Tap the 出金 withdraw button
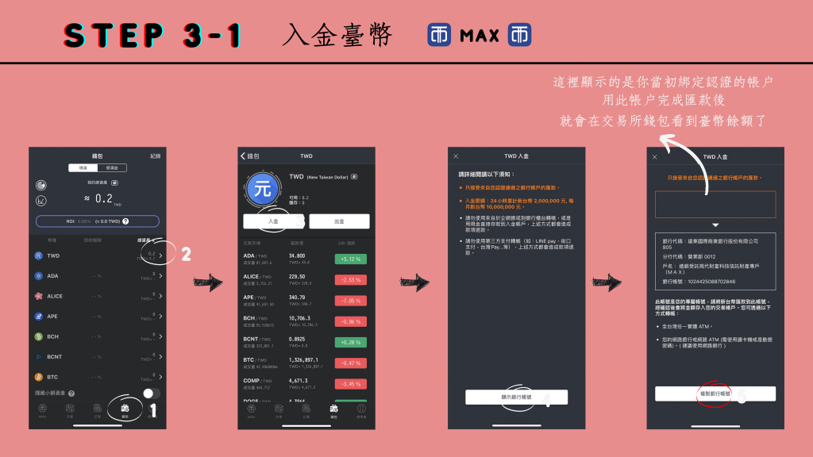coord(339,221)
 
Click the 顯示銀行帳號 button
coord(516,397)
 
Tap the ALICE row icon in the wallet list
coord(38,296)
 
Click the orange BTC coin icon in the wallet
coord(38,377)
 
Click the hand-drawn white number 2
coord(185,255)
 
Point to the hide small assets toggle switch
coord(151,394)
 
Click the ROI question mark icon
coord(125,221)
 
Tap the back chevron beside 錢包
coord(244,156)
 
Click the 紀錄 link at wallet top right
coord(155,156)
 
